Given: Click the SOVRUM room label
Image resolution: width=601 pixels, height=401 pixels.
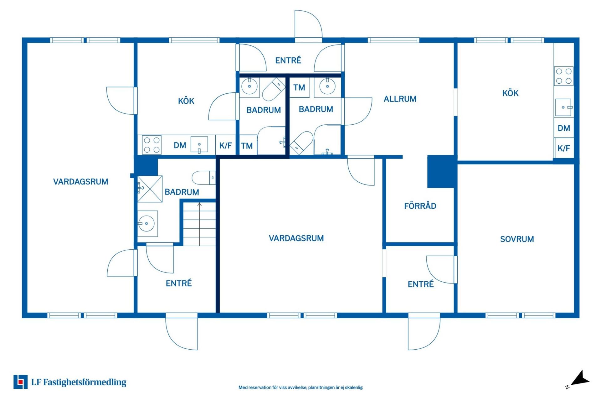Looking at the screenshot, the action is pos(517,239).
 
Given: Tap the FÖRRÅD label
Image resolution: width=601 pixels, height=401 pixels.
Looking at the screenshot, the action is pos(420,206).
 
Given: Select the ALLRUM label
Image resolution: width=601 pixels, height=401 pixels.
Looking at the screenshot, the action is pos(400,99).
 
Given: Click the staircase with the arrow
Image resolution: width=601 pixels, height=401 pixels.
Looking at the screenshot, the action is pos(199,224).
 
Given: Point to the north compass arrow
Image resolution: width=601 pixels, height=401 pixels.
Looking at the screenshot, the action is pos(580,379).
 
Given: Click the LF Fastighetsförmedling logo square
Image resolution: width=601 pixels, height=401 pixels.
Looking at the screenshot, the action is pos(20,382).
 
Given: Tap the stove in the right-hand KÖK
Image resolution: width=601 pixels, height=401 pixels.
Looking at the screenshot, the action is pos(564,76).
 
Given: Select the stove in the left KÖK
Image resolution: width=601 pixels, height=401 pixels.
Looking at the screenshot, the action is pos(152,145).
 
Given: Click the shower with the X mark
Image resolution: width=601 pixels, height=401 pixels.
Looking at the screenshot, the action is pos(150,189).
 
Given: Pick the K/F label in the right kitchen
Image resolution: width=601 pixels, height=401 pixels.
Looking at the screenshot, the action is pos(564,148).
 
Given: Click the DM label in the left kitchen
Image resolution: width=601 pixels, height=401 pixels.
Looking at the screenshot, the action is pos(180,145).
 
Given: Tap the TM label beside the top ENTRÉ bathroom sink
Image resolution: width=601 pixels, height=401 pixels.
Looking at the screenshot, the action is pos(299,88).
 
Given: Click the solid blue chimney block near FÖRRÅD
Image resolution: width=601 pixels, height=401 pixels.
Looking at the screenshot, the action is pos(441,171).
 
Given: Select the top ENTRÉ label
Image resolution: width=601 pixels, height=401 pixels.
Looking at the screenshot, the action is pos(288,60).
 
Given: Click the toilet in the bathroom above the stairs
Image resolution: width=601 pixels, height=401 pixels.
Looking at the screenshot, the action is pos(204,178).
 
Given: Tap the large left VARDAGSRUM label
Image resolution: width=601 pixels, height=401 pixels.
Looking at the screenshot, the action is pos(81,182).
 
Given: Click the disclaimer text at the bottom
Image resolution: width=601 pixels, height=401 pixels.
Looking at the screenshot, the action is pos(300,388).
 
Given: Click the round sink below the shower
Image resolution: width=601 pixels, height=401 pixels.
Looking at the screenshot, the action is pos(146,223).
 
